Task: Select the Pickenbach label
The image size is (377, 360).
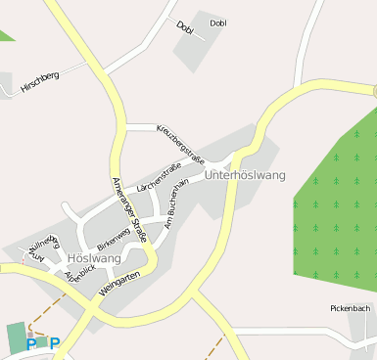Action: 350,308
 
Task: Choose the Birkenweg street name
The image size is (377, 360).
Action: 114,236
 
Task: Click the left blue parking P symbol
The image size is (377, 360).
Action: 31,343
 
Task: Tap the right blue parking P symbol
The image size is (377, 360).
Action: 55,342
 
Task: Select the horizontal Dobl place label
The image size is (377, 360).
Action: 218,22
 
